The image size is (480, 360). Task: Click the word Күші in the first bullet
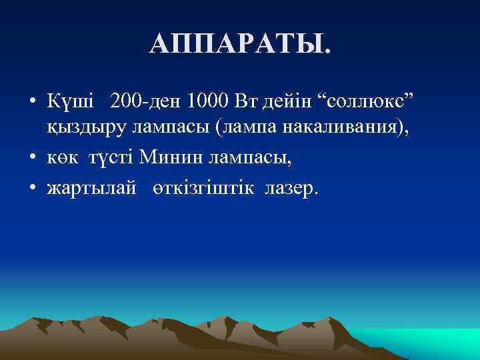70,103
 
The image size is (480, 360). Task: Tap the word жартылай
89,189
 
